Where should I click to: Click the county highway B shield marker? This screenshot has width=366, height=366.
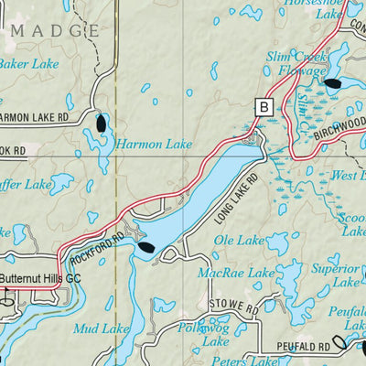click(x=265, y=107)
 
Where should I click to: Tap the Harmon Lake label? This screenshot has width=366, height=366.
click(x=153, y=144)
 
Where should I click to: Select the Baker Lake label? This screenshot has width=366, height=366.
click(x=29, y=64)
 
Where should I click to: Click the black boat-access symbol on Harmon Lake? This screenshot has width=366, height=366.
click(x=101, y=123)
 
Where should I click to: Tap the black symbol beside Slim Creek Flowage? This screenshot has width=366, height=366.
click(x=332, y=85)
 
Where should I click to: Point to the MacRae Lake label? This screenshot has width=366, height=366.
click(x=236, y=274)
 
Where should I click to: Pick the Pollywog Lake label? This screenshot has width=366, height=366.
click(x=203, y=334)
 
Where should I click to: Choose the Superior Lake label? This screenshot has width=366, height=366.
click(x=333, y=276)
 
